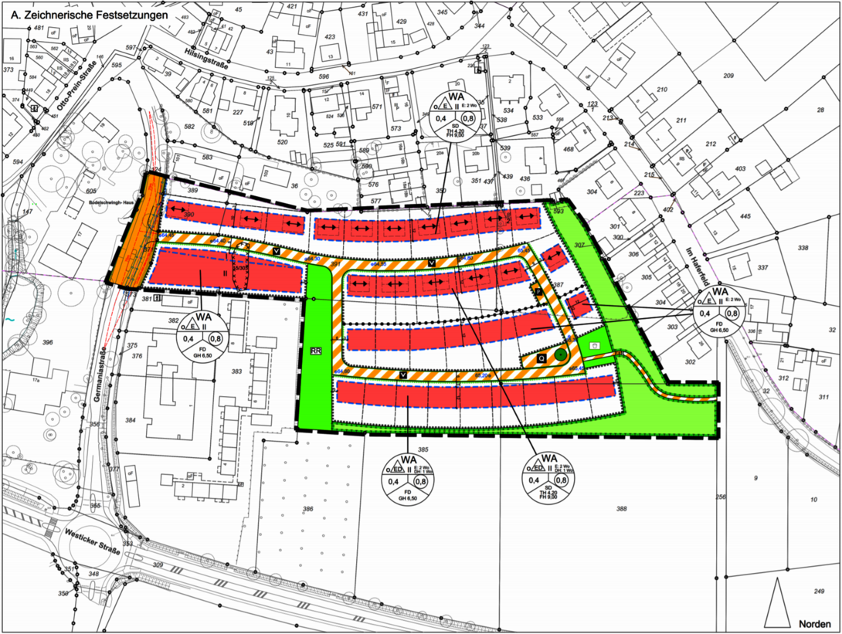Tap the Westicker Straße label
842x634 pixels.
(x=92, y=541)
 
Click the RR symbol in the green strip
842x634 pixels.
(x=315, y=351)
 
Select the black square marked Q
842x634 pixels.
(x=542, y=358)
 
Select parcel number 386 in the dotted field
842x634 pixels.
(x=308, y=510)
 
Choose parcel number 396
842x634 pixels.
(x=48, y=342)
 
